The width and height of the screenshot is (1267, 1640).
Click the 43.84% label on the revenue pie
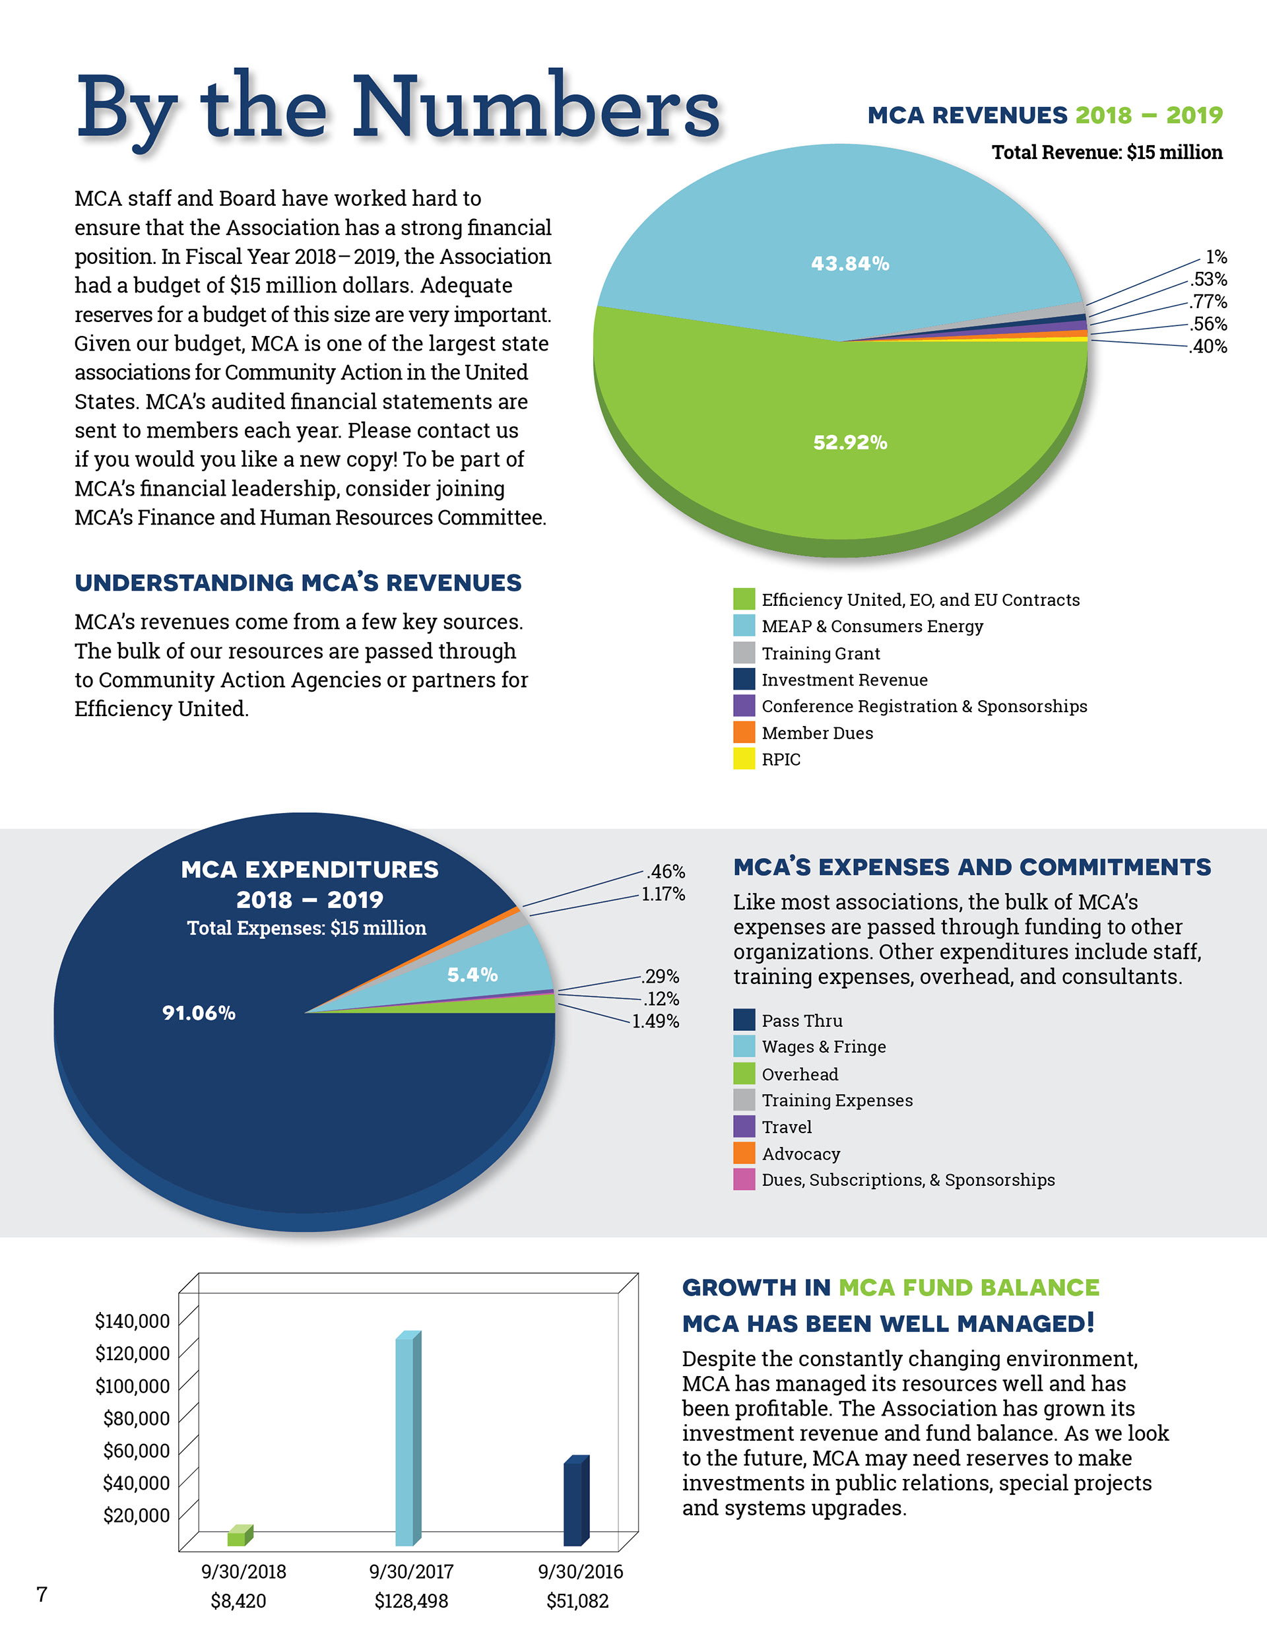click(x=849, y=263)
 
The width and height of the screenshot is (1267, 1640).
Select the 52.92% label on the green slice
click(x=849, y=442)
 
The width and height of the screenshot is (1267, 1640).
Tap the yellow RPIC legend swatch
click(x=744, y=758)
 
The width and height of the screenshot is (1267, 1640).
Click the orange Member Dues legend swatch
click(x=744, y=732)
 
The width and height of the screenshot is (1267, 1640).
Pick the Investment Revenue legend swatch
click(x=744, y=679)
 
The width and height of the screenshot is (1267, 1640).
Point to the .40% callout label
click(x=1208, y=346)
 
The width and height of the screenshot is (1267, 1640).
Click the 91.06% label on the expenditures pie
click(x=199, y=1013)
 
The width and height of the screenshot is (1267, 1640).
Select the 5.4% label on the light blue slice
click(x=472, y=975)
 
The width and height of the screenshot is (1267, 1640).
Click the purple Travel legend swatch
click(x=744, y=1127)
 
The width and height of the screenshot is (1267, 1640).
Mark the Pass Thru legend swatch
click(x=744, y=1020)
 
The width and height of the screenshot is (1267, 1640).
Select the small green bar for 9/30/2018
click(x=238, y=1538)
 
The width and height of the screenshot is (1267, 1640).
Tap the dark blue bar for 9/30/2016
click(x=574, y=1504)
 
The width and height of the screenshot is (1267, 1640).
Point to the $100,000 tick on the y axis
click(x=132, y=1385)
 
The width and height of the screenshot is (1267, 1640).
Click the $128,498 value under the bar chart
click(x=411, y=1601)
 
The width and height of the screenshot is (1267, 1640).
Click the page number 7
click(x=42, y=1594)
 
